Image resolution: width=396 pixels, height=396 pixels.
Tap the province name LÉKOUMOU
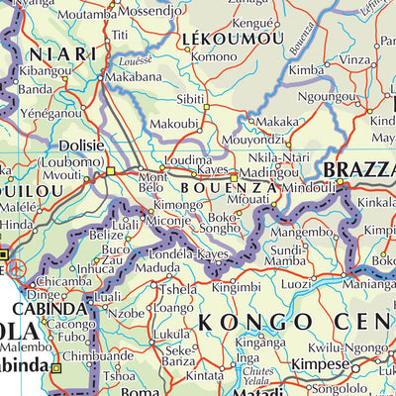tap(233, 39)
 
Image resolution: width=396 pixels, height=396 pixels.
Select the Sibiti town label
tap(191, 100)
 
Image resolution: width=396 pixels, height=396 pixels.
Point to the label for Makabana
tap(133, 75)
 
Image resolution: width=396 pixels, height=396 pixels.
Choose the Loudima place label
tap(187, 159)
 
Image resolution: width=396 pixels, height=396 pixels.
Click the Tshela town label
tap(178, 290)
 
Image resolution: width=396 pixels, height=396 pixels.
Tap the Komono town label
tap(215, 57)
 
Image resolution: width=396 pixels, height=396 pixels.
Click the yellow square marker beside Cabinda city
tap(56, 368)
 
